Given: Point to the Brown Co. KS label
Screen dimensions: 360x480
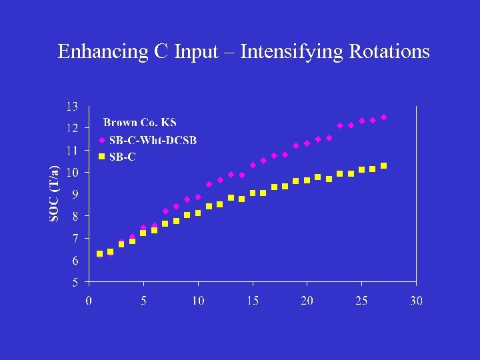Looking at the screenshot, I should [x=139, y=123].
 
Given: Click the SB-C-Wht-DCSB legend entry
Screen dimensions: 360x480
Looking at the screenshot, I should [x=153, y=140].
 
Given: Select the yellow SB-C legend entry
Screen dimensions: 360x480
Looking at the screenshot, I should [x=122, y=157].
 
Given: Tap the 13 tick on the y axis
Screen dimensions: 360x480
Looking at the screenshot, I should [x=71, y=106].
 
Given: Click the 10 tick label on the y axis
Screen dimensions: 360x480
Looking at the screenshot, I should [x=71, y=172].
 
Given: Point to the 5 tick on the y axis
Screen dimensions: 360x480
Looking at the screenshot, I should [x=75, y=282].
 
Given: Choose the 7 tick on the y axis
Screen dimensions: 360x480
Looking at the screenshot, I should [x=75, y=238].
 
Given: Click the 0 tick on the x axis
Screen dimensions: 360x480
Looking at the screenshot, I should [x=89, y=301].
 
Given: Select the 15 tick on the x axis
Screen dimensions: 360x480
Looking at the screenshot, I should [x=253, y=301].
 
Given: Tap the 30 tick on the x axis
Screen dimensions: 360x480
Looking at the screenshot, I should [x=416, y=301].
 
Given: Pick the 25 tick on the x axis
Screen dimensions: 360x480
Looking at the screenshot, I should [x=361, y=301].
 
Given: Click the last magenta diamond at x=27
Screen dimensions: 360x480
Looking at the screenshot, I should [x=383, y=117].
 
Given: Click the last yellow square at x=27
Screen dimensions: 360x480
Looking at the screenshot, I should [x=383, y=165].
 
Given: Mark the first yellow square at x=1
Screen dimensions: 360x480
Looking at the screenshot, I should [x=100, y=253].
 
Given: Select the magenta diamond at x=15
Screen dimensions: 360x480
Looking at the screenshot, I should [x=253, y=165].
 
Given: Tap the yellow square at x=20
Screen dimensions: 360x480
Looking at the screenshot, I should [x=307, y=180].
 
